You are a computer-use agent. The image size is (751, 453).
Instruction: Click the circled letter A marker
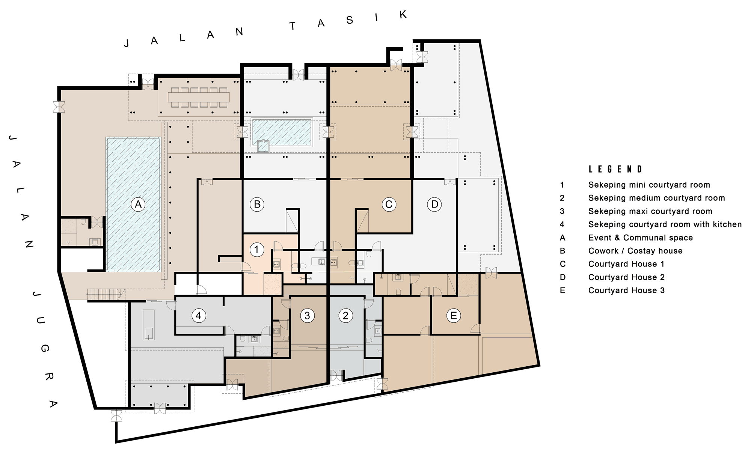click(x=138, y=205)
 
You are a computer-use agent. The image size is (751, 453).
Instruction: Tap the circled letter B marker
click(x=257, y=205)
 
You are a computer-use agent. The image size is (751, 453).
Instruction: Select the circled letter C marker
click(x=389, y=205)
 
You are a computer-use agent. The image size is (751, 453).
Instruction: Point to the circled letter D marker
click(x=434, y=205)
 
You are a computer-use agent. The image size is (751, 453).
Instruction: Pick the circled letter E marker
click(x=454, y=316)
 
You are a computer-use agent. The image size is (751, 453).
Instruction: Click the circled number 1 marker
click(x=257, y=250)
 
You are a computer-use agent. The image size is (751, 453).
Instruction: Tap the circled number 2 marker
click(x=345, y=316)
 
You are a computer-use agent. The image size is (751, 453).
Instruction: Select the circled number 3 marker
click(x=307, y=316)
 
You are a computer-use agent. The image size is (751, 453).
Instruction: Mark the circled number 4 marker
click(x=199, y=316)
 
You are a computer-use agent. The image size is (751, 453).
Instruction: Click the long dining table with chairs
click(x=199, y=97)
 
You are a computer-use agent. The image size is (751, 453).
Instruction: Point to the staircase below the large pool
click(x=106, y=294)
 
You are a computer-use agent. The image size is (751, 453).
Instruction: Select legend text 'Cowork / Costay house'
click(x=635, y=251)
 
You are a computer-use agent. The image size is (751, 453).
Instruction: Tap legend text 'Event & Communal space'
click(x=641, y=238)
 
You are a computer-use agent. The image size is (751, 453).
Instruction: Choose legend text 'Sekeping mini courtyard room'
click(x=649, y=185)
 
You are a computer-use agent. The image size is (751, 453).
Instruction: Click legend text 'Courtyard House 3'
click(x=626, y=290)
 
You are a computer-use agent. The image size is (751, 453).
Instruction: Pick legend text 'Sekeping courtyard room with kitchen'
click(x=665, y=224)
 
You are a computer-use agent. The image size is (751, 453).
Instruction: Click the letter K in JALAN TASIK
click(x=403, y=15)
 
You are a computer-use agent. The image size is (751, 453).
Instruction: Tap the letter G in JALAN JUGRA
click(x=45, y=349)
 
